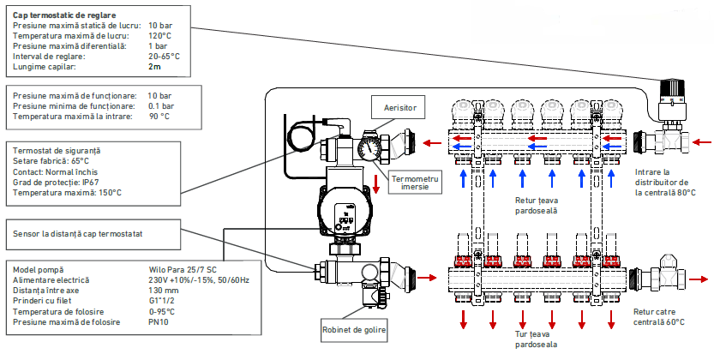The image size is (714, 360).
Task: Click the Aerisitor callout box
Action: click(398, 108)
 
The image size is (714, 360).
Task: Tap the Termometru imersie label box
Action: click(415, 183)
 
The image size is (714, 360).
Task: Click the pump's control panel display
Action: click(345, 218)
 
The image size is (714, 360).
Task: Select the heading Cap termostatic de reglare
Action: click(64, 15)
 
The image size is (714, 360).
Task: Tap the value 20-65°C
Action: click(164, 57)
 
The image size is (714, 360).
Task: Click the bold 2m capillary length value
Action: click(154, 67)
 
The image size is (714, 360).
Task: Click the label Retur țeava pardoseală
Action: click(537, 205)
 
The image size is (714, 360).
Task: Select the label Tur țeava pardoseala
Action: click(537, 339)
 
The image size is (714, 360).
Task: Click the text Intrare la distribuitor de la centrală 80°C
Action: click(665, 183)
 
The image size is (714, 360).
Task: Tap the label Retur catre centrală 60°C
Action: click(659, 317)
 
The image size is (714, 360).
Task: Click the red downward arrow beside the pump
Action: click(376, 183)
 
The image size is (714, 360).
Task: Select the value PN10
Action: click(158, 322)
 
